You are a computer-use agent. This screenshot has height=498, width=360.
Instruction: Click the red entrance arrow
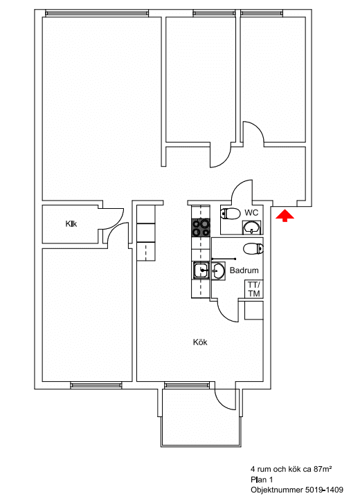[285, 215]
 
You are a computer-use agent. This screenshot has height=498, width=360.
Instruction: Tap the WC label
[251, 212]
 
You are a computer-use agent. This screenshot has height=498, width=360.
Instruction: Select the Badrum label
[244, 270]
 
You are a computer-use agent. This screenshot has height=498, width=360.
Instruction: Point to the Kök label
[200, 342]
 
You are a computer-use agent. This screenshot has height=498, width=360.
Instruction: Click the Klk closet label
[71, 224]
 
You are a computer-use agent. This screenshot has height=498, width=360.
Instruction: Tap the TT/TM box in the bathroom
[254, 289]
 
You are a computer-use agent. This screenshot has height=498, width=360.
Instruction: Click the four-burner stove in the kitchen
[201, 228]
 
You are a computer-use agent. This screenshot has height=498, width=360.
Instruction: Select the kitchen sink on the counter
[201, 270]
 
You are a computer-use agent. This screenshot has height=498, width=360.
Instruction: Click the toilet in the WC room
[231, 214]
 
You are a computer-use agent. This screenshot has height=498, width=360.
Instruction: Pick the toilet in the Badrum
[253, 248]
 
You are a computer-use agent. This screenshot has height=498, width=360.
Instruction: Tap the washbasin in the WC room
[252, 228]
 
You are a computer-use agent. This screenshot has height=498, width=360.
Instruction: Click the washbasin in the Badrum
[219, 271]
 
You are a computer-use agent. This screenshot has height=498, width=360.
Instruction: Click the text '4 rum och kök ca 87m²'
[291, 469]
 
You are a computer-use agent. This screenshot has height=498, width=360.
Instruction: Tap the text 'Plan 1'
[262, 479]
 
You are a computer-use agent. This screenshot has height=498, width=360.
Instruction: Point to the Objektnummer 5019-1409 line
[297, 490]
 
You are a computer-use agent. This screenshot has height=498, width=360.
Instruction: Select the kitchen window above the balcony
[187, 385]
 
